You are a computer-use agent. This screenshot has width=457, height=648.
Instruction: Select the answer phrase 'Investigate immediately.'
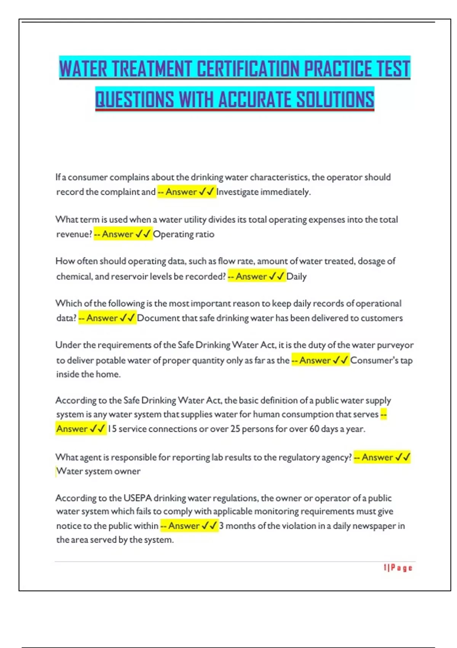264,192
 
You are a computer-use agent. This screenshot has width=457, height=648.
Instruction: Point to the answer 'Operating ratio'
184,234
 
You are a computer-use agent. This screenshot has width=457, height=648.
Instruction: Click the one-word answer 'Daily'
296,276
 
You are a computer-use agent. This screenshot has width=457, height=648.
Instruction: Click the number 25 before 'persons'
235,429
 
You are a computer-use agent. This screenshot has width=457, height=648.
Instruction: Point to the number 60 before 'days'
314,429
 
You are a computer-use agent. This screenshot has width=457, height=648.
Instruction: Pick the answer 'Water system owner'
98,472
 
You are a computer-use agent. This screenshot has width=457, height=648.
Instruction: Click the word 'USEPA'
137,498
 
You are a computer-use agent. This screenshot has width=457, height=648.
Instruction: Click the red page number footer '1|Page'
398,568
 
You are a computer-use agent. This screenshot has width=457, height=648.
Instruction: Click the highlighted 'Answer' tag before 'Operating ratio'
117,234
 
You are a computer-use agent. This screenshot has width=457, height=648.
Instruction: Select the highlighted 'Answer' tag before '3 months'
184,526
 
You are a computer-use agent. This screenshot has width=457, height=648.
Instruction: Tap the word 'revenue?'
74,234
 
